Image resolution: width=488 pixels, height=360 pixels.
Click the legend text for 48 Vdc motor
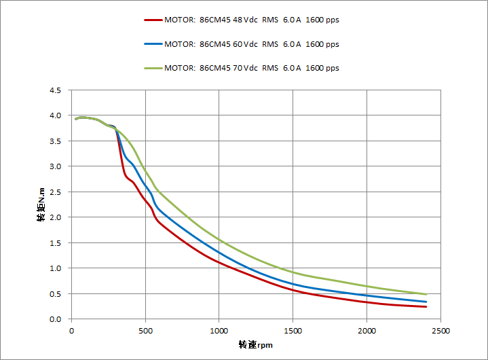(x=252, y=20)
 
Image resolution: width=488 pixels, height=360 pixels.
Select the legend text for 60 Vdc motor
(x=252, y=44)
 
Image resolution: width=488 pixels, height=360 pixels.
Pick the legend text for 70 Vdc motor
(x=252, y=68)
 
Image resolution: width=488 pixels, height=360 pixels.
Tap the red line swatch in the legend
(x=153, y=20)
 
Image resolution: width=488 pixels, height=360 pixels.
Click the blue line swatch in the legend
(x=153, y=44)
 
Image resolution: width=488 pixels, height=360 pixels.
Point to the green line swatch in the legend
(x=153, y=68)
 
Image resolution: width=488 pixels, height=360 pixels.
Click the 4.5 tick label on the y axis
(x=55, y=90)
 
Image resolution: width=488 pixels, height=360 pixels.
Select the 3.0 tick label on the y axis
(x=55, y=166)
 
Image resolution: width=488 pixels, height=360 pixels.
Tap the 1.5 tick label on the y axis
(x=55, y=243)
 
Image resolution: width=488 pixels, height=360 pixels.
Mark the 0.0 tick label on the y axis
(x=55, y=319)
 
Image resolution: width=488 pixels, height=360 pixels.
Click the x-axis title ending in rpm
(x=255, y=345)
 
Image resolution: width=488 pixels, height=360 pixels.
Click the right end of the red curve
(x=426, y=306)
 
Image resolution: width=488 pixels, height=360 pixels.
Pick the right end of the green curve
(x=426, y=294)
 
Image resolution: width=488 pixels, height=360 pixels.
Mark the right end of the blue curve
(x=426, y=302)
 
